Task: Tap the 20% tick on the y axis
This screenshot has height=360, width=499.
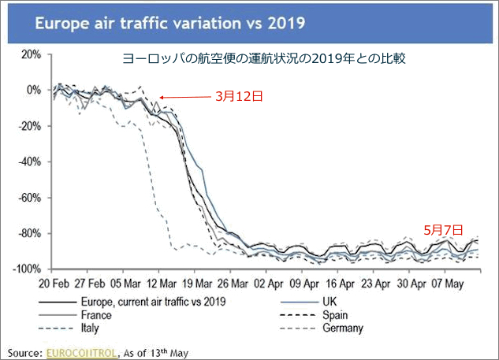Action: point(30,54)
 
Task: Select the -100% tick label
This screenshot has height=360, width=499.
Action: point(25,269)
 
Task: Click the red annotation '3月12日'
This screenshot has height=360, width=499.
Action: point(236,96)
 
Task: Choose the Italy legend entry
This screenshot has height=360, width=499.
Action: point(92,327)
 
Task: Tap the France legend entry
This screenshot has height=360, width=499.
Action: point(97,314)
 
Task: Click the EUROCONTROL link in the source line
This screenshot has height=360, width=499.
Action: point(80,351)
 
